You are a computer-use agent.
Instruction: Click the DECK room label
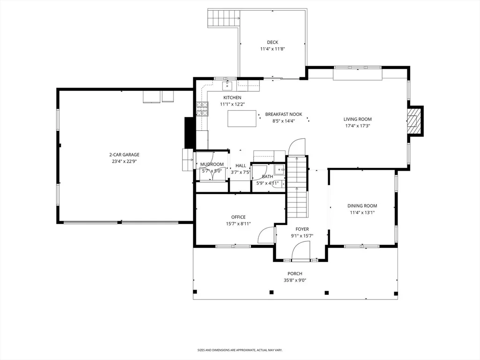point(272,42)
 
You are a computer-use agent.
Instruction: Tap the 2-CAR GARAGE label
point(124,155)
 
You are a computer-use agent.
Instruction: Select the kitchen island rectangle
point(242,119)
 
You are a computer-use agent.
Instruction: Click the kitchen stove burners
point(202,109)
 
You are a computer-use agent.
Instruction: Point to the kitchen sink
point(227,86)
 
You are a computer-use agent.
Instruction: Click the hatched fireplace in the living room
point(414,120)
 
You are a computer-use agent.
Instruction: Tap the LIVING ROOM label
point(358,119)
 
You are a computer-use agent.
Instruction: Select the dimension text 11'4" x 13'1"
point(362,212)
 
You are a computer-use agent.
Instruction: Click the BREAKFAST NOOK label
point(284,114)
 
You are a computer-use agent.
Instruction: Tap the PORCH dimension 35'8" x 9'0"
point(295,280)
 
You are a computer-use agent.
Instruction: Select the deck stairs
point(224,19)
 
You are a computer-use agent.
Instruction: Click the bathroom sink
point(279,169)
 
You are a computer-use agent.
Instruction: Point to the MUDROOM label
point(212,165)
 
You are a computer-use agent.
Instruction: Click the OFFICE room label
point(238,217)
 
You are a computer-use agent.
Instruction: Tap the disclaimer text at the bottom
point(240,350)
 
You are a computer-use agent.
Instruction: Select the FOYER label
point(302,229)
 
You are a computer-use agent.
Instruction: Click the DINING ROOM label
point(362,206)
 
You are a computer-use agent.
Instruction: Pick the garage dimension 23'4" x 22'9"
point(124,161)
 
